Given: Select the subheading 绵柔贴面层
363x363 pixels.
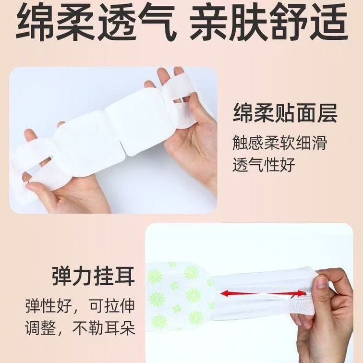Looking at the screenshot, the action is [285, 113].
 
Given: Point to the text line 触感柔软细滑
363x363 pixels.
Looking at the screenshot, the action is [279, 143].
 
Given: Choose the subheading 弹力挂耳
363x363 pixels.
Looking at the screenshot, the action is [93, 277].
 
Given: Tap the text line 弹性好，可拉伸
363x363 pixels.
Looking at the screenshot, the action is [80, 306].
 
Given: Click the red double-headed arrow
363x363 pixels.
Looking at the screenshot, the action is [263, 294].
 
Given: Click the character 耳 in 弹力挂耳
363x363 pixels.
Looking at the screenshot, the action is [124, 277].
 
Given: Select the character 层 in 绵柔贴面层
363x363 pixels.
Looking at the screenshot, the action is [327, 113].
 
